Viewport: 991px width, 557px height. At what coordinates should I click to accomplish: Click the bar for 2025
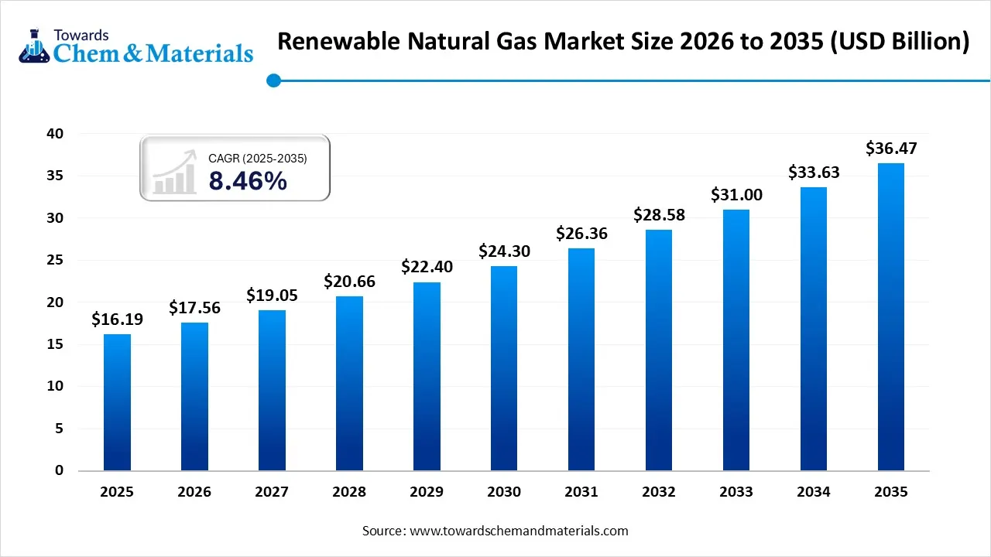117,402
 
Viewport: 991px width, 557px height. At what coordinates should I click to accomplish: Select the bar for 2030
504,368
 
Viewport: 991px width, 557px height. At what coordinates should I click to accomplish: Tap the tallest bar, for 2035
891,317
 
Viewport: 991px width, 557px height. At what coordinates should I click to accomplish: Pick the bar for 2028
349,384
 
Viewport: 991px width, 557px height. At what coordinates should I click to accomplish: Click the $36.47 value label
891,148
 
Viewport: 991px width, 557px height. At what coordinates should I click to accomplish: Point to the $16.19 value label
117,319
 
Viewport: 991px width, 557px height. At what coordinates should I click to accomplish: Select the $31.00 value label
736,194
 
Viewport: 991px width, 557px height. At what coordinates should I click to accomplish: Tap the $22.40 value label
427,267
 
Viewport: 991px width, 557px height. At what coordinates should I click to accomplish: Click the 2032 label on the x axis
659,492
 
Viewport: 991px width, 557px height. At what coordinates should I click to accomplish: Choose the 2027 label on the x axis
272,492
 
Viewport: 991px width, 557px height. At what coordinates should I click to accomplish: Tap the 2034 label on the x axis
814,492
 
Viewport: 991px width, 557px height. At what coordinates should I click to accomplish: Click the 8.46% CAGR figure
248,181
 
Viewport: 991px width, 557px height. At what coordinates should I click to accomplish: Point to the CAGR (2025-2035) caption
258,159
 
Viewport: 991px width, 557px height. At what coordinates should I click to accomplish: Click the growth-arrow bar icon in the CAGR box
174,173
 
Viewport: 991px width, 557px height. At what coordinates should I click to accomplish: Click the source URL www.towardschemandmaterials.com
518,531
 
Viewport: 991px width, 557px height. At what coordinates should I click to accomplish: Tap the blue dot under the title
273,80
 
